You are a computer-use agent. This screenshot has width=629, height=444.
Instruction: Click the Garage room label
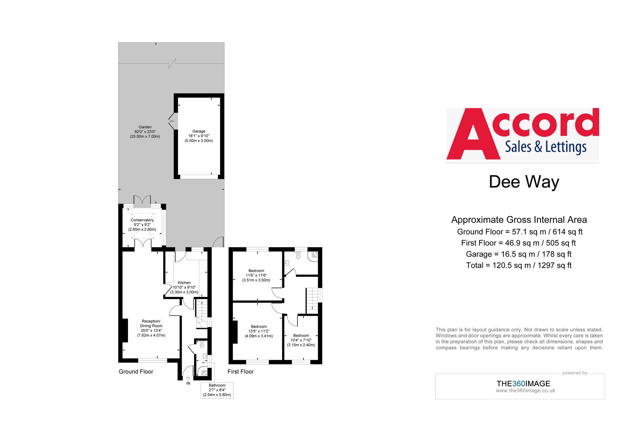click(x=199, y=131)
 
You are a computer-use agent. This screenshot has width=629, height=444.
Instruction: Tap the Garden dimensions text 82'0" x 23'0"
click(x=145, y=132)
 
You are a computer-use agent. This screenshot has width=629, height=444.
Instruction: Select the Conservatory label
click(x=142, y=220)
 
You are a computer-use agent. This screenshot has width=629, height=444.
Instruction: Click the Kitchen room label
click(x=184, y=283)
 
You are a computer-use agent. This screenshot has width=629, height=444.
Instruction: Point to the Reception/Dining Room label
click(x=151, y=324)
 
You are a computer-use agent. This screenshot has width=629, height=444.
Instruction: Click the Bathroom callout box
click(x=217, y=390)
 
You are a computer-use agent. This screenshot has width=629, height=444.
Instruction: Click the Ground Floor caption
click(x=136, y=372)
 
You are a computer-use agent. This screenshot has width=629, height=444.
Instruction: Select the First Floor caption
click(x=241, y=372)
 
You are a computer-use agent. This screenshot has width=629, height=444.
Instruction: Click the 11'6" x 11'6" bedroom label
click(x=256, y=275)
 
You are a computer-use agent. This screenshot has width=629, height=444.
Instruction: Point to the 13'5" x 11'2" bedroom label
click(x=259, y=331)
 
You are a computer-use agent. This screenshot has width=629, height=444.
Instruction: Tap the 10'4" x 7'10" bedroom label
click(x=301, y=340)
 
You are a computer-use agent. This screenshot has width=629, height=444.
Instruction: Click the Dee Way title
click(x=524, y=182)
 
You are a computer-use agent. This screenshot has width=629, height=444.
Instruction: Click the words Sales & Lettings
click(x=546, y=147)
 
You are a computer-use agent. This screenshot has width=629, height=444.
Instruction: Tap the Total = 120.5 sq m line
click(x=519, y=266)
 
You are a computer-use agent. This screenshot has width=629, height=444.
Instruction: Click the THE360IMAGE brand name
click(x=523, y=384)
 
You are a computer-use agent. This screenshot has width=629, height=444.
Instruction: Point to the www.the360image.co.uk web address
click(x=526, y=391)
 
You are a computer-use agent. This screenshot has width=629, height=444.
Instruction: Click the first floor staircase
click(x=312, y=300)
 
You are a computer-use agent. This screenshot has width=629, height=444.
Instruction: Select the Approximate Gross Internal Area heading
click(x=519, y=220)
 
